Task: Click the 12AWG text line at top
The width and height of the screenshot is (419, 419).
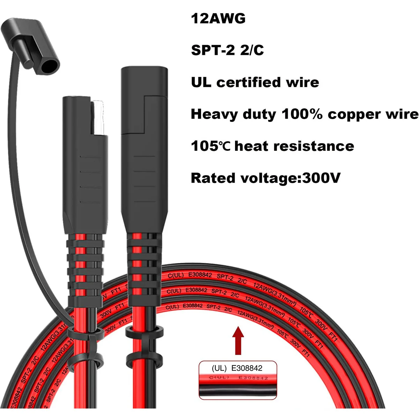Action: [218, 19]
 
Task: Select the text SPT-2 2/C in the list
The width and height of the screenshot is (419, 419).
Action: [227, 50]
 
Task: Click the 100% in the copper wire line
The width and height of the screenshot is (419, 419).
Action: [302, 114]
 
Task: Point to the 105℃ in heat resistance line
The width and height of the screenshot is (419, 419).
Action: [211, 146]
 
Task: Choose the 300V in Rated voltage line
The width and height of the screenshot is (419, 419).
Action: [321, 178]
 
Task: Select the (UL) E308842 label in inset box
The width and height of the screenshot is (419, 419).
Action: [237, 368]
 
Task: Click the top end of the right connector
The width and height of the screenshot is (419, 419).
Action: [144, 70]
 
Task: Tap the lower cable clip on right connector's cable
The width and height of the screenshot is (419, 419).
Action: [145, 357]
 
